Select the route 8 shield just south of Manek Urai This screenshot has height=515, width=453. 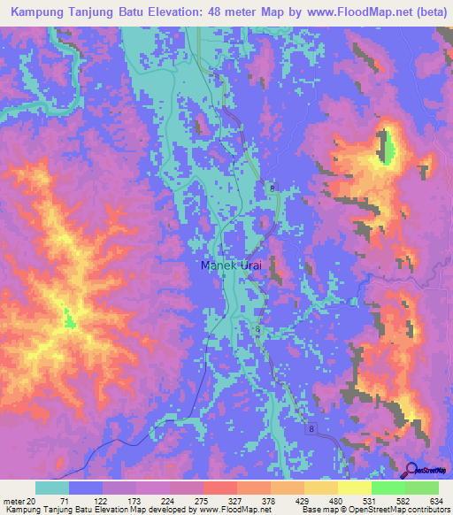257,329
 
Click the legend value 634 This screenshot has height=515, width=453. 434,501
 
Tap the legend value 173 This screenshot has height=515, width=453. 136,501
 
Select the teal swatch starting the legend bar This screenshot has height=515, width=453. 52,488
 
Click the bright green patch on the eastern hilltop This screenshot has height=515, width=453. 387,149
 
